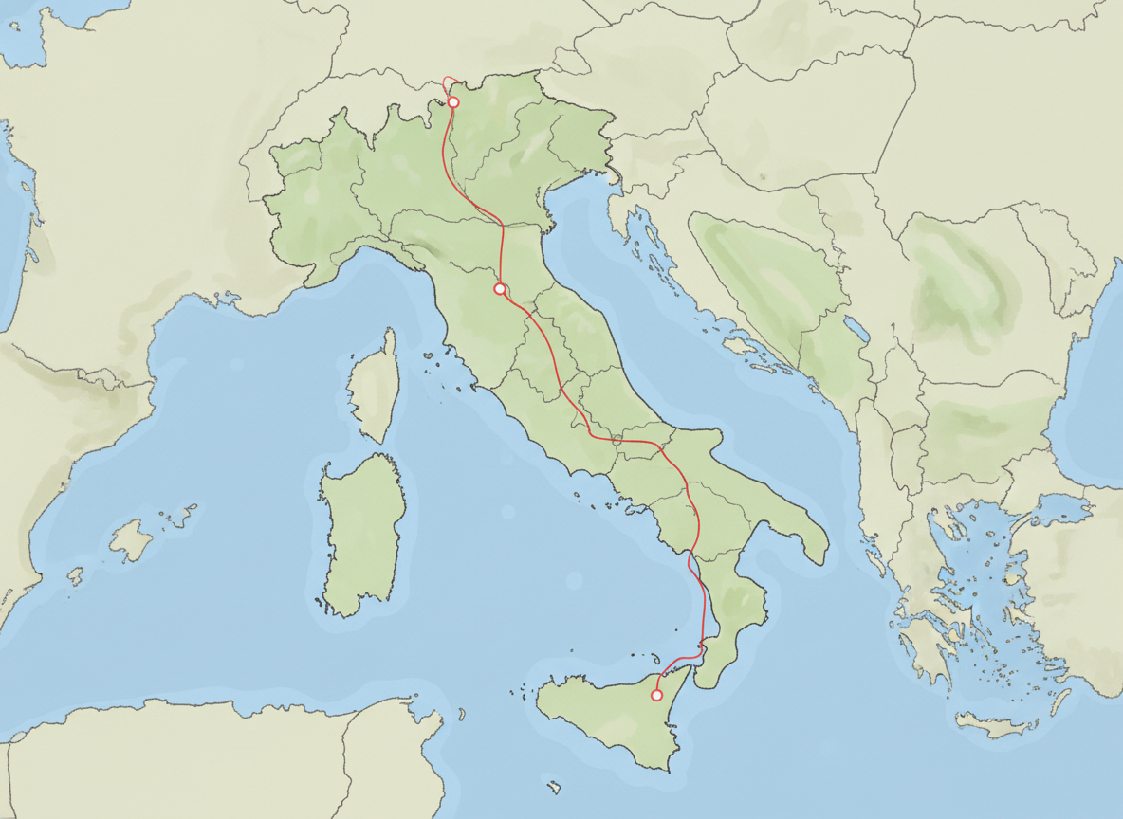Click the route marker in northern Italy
pyautogui.click(x=453, y=102)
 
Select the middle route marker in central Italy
pyautogui.click(x=500, y=288)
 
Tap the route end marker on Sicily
pyautogui.click(x=656, y=696)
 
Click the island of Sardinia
pyautogui.click(x=363, y=531)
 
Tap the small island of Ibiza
pyautogui.click(x=75, y=575)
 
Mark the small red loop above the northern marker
pyautogui.click(x=451, y=83)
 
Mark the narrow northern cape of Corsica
pyautogui.click(x=389, y=337)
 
